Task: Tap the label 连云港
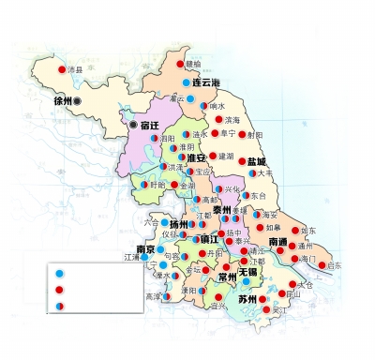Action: (x=212, y=83)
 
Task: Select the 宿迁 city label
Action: (x=152, y=125)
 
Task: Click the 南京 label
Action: (x=144, y=249)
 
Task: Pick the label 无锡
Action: (x=247, y=272)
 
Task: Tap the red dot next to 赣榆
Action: (x=179, y=64)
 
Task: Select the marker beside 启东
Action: (x=322, y=266)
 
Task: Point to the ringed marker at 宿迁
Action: (x=133, y=125)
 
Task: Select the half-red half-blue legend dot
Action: (x=61, y=306)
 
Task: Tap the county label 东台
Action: (x=259, y=195)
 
